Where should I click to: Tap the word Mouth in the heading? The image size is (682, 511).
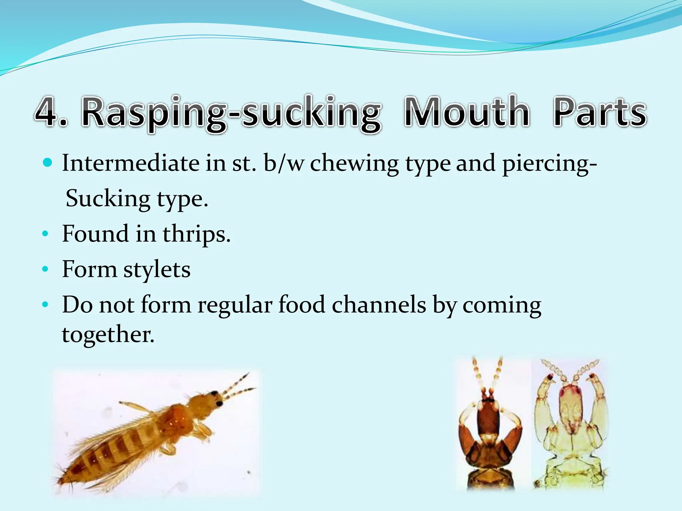click(466, 112)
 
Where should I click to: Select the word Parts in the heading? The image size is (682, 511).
click(599, 112)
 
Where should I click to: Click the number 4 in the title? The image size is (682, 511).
click(48, 112)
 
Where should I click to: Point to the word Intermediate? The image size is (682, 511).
click(131, 163)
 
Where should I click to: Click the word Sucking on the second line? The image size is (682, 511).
click(108, 199)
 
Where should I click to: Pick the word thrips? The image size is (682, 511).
click(196, 234)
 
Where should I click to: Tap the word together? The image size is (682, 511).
click(108, 334)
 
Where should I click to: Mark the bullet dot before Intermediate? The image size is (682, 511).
click(48, 163)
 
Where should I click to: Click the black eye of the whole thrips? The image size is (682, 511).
click(219, 404)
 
